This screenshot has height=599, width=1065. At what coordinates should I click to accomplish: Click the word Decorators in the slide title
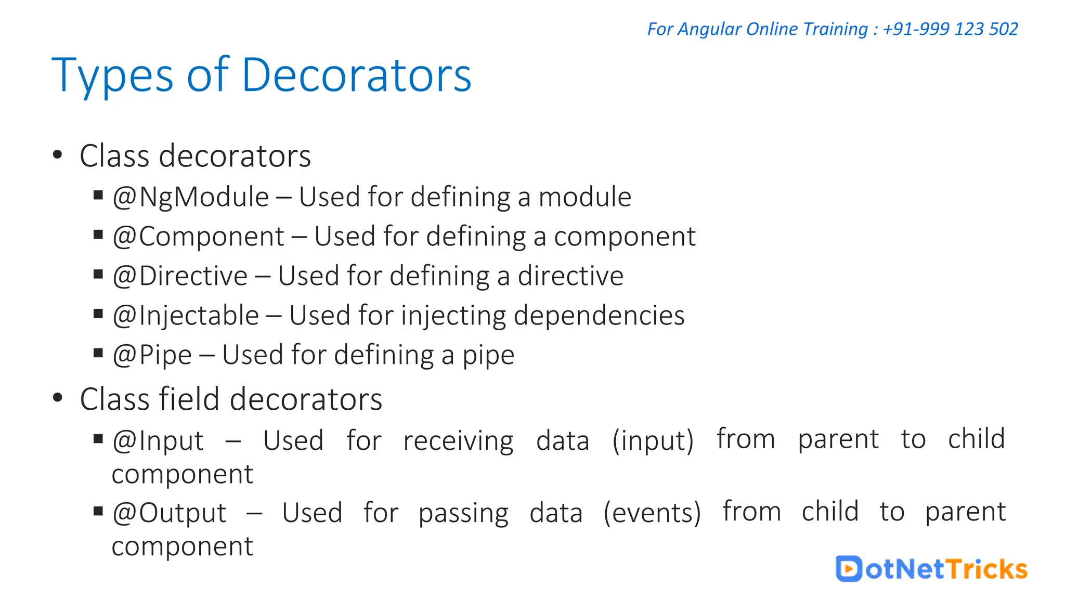356,75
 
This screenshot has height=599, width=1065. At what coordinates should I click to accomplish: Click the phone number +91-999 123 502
950,29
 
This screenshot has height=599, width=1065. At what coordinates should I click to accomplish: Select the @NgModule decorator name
191,198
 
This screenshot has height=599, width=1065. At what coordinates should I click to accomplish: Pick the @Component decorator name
199,237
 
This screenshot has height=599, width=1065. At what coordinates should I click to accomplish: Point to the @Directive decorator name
180,276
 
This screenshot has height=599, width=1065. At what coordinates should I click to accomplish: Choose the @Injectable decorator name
186,316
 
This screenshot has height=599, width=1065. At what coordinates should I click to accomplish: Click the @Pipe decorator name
152,355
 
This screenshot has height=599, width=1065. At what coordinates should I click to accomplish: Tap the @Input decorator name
158,441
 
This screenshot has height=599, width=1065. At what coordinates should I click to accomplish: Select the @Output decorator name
170,513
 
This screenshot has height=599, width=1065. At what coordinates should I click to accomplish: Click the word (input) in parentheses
653,441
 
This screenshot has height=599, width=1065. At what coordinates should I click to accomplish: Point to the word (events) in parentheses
652,513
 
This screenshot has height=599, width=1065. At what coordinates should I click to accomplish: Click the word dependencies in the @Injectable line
599,316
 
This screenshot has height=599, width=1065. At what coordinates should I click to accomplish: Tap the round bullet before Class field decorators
58,398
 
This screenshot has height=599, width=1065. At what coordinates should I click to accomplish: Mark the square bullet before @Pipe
98,353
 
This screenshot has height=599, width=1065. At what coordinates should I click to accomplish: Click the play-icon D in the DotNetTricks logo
849,568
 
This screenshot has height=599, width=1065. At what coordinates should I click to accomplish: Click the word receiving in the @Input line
458,441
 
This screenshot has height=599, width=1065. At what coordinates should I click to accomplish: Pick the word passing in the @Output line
463,513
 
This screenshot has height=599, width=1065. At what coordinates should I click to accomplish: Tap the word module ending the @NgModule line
585,198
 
